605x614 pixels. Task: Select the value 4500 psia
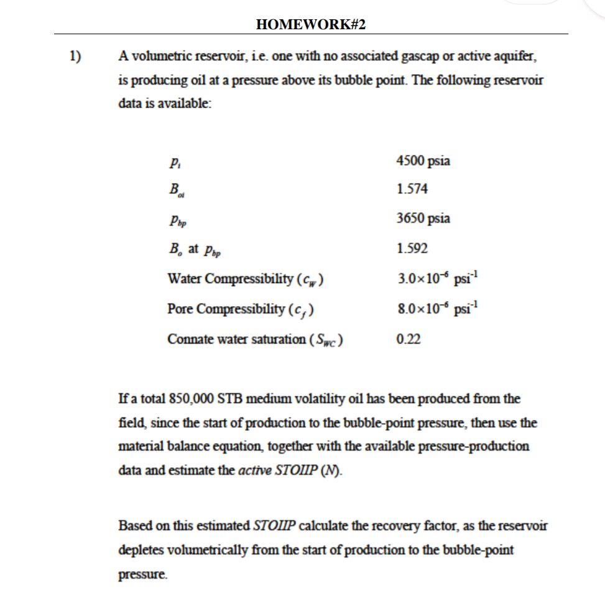click(x=423, y=161)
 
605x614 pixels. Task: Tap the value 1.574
click(x=412, y=188)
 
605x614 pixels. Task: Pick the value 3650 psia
click(x=423, y=218)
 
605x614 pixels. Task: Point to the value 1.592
click(x=412, y=248)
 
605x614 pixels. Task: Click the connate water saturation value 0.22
click(x=408, y=339)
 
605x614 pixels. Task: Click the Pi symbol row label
click(x=172, y=162)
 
